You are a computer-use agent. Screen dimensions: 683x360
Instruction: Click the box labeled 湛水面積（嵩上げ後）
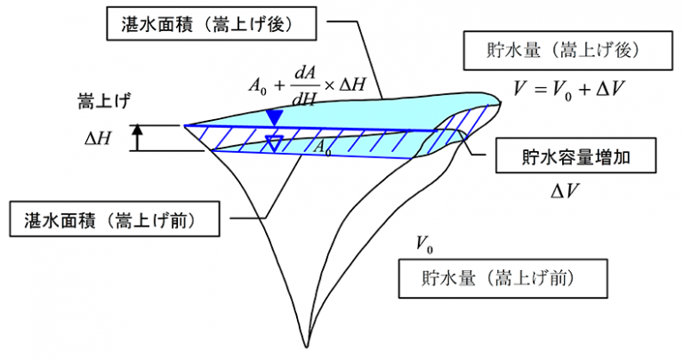212,23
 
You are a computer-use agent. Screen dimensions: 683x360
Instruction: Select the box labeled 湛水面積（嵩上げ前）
115,219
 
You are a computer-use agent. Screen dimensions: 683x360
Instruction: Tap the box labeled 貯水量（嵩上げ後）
567,51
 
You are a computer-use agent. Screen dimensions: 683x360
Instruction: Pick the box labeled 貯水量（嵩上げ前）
503,278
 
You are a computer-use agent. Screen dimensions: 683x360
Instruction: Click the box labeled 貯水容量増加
576,156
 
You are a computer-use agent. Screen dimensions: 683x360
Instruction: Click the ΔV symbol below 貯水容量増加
565,190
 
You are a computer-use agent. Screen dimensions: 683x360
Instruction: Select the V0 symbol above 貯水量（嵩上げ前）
425,244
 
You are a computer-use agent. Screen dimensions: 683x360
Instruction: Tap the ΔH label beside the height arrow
98,139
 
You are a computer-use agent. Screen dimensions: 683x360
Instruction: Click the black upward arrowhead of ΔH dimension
138,129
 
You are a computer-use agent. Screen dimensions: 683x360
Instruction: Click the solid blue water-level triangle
275,117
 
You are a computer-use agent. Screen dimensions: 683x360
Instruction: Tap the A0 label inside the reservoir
322,148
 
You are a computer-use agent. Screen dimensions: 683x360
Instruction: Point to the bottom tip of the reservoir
306,348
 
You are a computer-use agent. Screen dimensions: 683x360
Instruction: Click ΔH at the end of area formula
351,84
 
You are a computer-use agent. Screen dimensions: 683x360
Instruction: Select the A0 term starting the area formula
257,85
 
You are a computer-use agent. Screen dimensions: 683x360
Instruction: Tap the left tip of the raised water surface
184,126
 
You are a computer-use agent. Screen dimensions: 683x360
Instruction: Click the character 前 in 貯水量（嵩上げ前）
557,278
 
